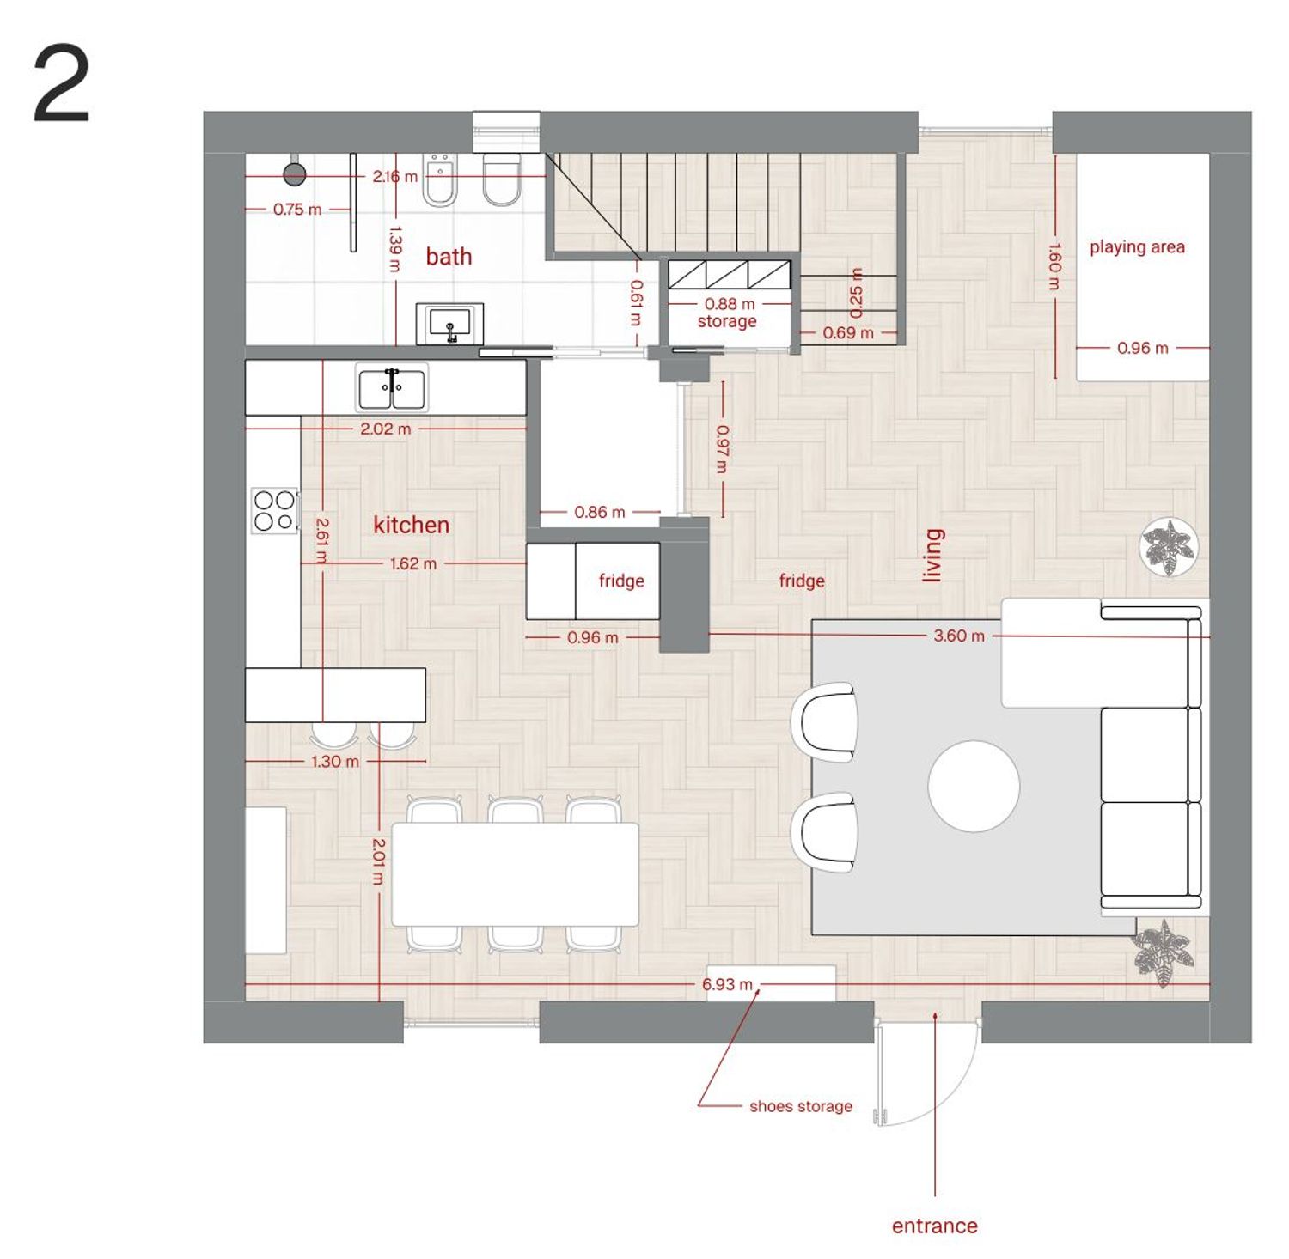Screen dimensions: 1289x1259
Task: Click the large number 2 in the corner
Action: (61, 84)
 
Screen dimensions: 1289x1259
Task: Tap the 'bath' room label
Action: (449, 256)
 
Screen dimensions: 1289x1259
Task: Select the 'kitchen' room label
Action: (411, 525)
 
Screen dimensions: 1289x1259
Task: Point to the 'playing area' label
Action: (1137, 247)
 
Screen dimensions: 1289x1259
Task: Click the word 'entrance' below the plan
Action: (935, 1226)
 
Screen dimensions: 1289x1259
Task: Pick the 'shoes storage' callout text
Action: (801, 1106)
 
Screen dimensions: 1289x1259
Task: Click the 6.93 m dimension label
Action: (727, 984)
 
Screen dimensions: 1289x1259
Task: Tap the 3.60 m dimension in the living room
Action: (959, 636)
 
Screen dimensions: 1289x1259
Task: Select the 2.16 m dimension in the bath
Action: (394, 176)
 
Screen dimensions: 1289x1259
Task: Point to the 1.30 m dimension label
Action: (335, 761)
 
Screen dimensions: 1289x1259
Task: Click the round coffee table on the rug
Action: (974, 786)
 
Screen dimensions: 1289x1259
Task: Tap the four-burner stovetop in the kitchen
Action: (275, 510)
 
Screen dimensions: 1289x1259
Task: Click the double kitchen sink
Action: (392, 388)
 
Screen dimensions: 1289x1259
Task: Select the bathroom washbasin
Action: (449, 324)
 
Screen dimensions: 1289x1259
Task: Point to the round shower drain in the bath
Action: (295, 175)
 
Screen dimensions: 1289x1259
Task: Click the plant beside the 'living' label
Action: (1169, 547)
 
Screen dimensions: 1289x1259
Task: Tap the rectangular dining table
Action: (516, 874)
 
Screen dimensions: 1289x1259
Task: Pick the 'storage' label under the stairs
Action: (727, 321)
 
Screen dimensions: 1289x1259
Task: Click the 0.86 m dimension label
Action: (600, 512)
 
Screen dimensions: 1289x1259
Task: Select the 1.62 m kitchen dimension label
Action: (413, 563)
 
